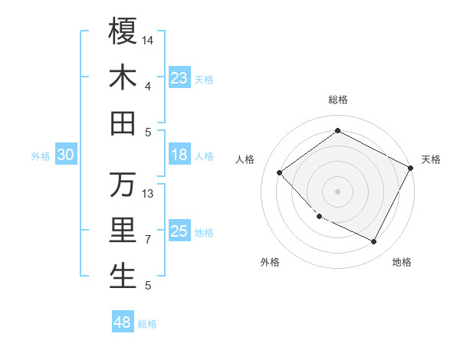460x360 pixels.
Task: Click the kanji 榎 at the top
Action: (x=123, y=31)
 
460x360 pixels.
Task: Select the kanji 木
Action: (x=123, y=77)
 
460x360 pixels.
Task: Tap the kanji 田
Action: (x=123, y=123)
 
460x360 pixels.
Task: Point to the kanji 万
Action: (x=123, y=185)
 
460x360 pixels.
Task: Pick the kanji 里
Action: (x=123, y=231)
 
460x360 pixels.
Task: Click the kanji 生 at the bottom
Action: (x=123, y=277)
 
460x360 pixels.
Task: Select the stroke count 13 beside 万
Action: (x=148, y=193)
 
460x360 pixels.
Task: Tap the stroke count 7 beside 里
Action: (x=148, y=239)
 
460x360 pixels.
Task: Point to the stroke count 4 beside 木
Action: (x=148, y=86)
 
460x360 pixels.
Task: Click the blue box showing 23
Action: (x=179, y=78)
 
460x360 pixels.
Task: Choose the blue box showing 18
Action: (x=179, y=155)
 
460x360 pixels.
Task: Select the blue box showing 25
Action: (x=179, y=231)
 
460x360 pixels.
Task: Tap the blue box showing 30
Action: (x=65, y=155)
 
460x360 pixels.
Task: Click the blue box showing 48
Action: (x=123, y=322)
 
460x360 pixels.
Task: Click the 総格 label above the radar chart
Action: (x=337, y=100)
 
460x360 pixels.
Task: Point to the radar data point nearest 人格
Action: (x=280, y=173)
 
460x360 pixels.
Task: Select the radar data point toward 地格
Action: (x=374, y=242)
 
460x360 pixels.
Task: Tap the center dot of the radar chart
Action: (x=337, y=191)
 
